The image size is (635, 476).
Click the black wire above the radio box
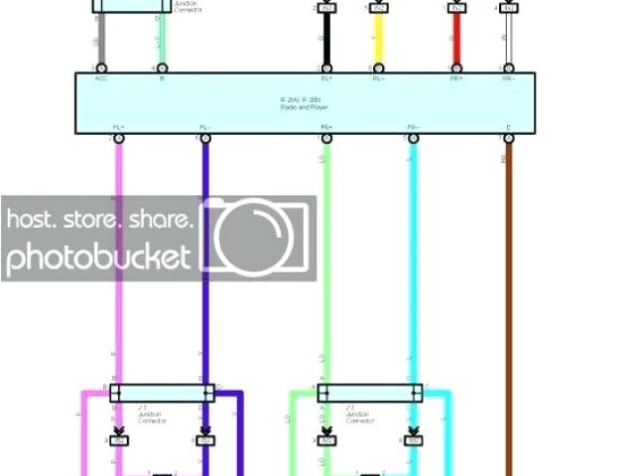point(324,40)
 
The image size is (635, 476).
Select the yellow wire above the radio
point(378,40)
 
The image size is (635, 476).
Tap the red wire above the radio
point(456,40)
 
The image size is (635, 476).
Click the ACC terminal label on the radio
point(101,78)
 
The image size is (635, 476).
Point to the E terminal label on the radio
point(509,127)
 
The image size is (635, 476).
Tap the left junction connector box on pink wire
point(161,394)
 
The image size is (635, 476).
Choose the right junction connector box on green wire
point(369,394)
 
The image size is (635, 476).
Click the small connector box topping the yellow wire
point(378,8)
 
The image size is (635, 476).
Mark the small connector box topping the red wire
point(456,8)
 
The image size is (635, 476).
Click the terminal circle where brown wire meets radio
point(509,138)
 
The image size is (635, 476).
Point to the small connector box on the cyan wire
point(413,439)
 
